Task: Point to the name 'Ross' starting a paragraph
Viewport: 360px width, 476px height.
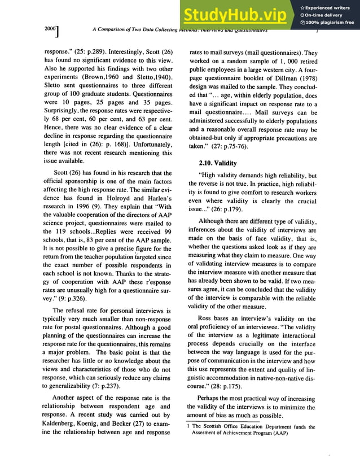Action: (205, 318)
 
